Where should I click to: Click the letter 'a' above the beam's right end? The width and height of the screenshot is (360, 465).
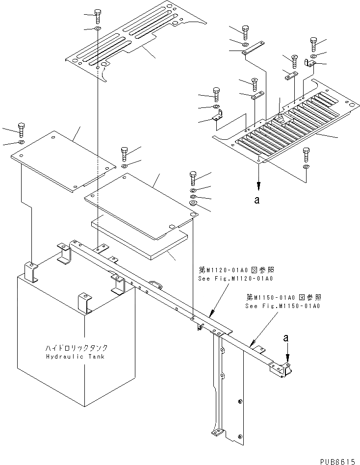click(286, 338)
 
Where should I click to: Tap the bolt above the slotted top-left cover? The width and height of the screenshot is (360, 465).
click(98, 16)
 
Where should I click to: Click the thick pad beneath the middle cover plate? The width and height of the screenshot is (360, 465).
click(140, 239)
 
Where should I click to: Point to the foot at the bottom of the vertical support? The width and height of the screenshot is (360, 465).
click(217, 433)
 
